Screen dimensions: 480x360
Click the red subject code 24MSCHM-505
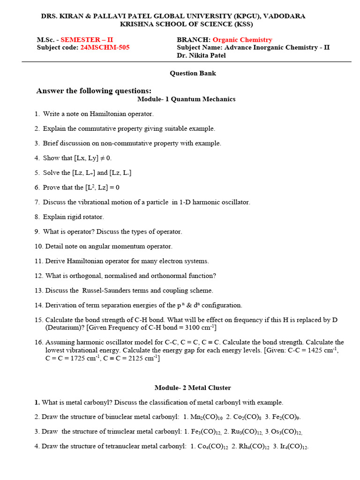point(105,47)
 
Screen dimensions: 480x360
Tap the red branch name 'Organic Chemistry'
point(242,40)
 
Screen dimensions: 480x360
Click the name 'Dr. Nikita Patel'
point(201,55)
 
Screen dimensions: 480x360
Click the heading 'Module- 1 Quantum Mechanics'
point(186,99)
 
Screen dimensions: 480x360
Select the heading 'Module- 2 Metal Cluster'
point(193,388)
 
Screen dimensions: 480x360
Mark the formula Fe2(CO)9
point(286,417)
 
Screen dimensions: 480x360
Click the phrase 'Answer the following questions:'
point(94,91)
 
